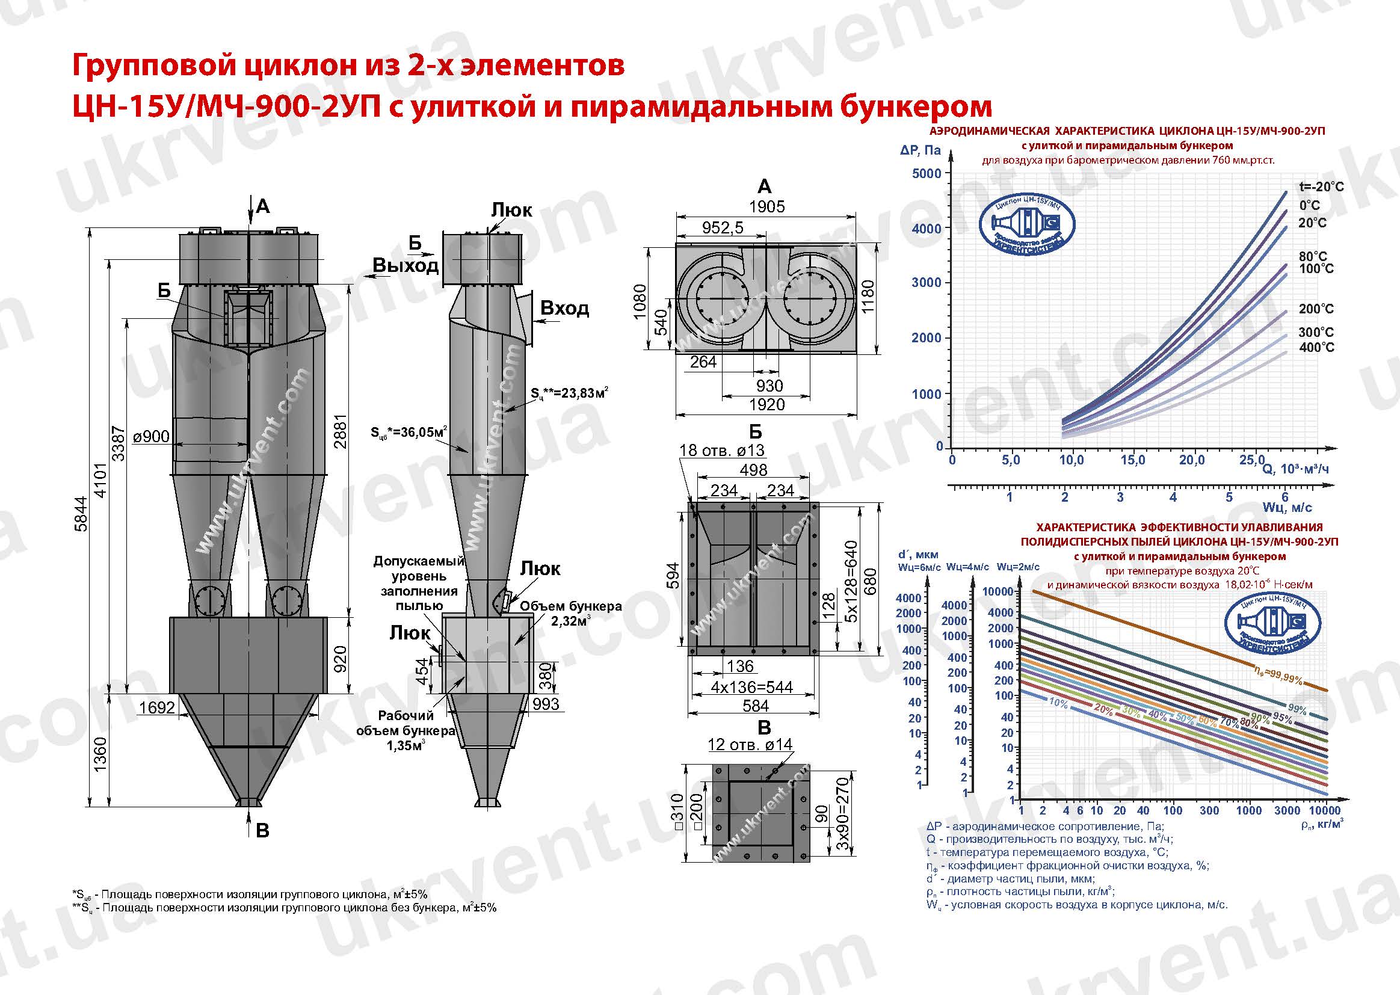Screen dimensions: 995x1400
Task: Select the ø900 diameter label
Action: [x=151, y=437]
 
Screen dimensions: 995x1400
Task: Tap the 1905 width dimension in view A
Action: [x=766, y=206]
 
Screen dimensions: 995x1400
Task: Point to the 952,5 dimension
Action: [x=723, y=228]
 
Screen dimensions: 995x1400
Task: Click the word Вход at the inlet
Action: [x=564, y=308]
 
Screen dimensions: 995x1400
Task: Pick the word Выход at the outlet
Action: [x=406, y=266]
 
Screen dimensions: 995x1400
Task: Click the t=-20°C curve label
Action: [x=1321, y=186]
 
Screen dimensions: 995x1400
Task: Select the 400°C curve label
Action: [x=1316, y=347]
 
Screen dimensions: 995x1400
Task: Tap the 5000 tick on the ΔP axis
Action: [x=927, y=173]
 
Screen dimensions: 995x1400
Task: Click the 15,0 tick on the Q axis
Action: [x=1132, y=460]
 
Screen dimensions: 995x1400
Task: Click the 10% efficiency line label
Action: [x=1058, y=703]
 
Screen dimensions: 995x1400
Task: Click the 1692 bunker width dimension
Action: [x=157, y=707]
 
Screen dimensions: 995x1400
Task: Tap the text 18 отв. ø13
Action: [x=722, y=451]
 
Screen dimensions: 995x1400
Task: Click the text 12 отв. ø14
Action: [x=750, y=744]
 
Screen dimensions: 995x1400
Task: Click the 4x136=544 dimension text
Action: [x=751, y=688]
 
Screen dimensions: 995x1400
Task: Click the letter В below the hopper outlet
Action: [x=262, y=831]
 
